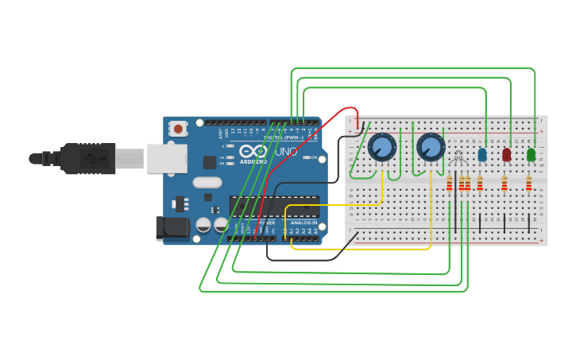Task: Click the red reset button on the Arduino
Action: point(179,128)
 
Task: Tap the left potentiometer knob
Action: point(382,147)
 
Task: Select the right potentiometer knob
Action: point(431,147)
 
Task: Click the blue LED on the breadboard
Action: point(482,154)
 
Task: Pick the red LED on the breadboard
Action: point(507,154)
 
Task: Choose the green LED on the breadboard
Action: point(531,154)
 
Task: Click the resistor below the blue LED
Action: point(480,184)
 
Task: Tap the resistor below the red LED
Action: point(504,184)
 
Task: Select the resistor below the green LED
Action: point(528,184)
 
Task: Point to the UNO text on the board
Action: point(286,151)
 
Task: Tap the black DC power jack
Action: point(172,228)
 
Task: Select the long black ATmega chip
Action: point(274,206)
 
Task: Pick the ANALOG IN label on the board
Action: point(303,223)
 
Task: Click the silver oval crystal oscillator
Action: point(207,182)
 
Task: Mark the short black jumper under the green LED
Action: point(529,223)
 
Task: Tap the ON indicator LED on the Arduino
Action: point(305,157)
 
